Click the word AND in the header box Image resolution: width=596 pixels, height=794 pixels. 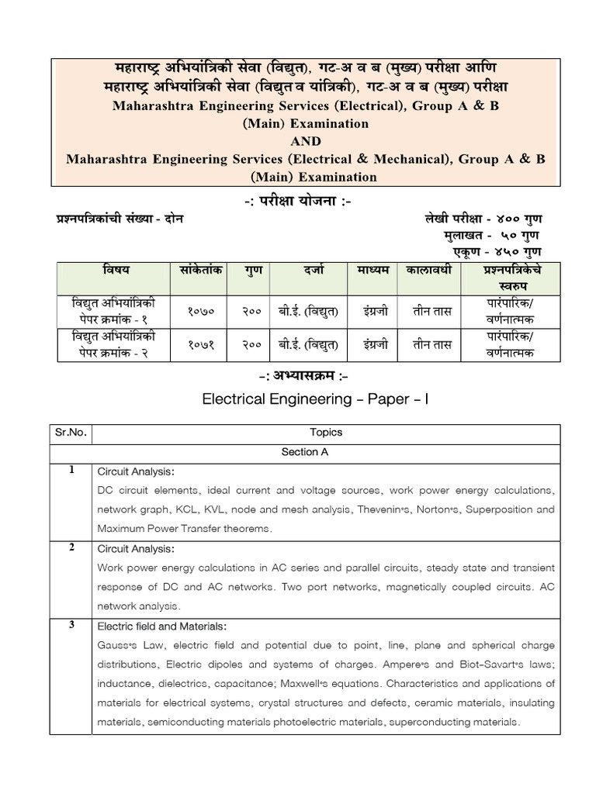306,141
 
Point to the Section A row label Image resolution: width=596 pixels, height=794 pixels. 300,452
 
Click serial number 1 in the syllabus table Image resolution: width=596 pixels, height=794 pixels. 71,471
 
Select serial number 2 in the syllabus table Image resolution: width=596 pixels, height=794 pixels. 71,547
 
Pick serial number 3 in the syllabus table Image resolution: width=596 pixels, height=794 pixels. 71,625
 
